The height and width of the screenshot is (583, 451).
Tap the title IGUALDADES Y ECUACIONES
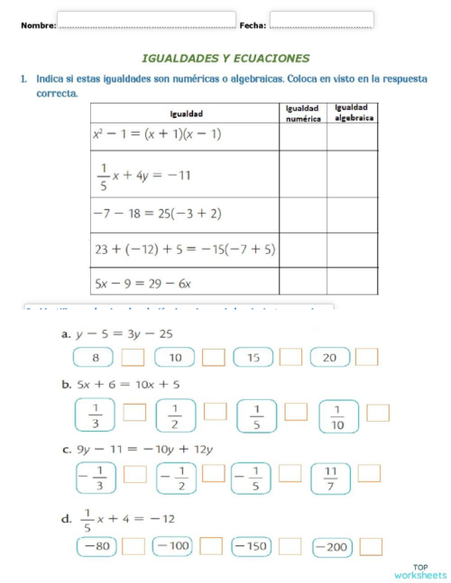point(225,58)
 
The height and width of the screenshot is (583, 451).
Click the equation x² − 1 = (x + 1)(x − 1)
point(157,133)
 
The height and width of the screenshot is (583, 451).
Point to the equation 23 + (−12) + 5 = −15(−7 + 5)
point(184,248)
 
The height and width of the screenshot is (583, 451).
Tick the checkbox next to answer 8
point(133,358)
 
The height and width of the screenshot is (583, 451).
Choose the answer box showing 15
point(253,358)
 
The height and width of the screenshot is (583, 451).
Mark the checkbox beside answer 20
point(366,358)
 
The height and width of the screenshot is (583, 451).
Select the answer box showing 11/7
point(330,478)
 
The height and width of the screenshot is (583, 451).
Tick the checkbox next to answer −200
point(371,546)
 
